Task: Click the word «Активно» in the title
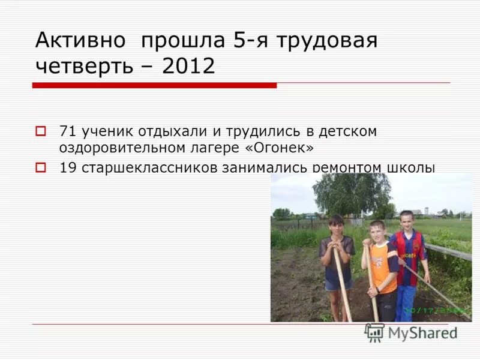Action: [x=80, y=41]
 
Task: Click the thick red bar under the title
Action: [x=154, y=85]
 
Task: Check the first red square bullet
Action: [x=41, y=130]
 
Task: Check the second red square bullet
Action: [x=41, y=167]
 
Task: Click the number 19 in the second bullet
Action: [x=67, y=168]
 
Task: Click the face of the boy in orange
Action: [x=377, y=233]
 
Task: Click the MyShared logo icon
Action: [x=374, y=332]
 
